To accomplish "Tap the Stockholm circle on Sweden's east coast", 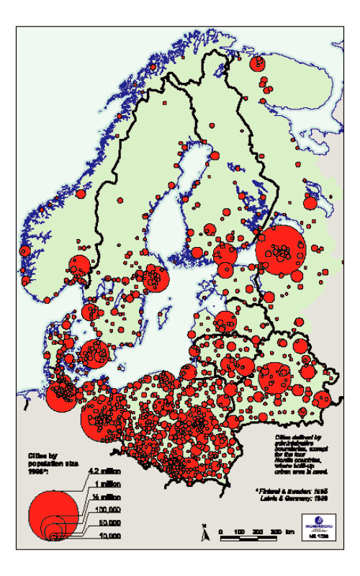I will (x=154, y=278).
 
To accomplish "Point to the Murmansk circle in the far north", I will (x=256, y=64).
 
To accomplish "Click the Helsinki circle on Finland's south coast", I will (x=225, y=254).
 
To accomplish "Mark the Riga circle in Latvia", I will (x=225, y=322).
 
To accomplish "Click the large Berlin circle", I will (x=100, y=418).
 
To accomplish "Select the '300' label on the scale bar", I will (x=274, y=531).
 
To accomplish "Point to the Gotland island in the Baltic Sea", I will (x=167, y=316).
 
